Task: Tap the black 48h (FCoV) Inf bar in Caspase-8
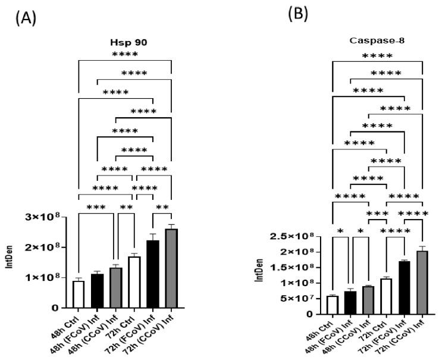tap(350, 302)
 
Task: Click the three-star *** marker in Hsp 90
tap(96, 208)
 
